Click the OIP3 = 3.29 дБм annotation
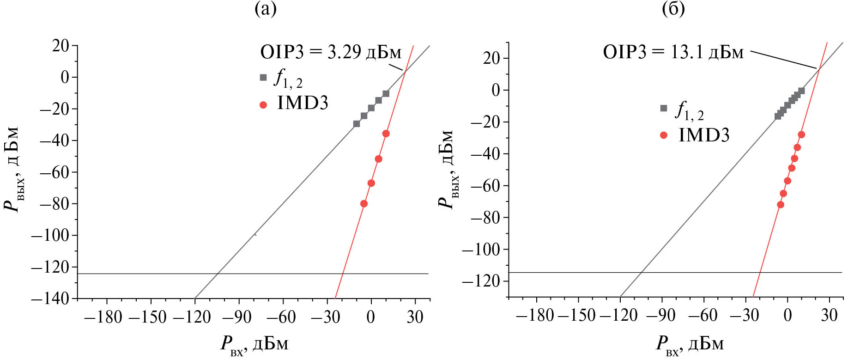pyautogui.click(x=331, y=52)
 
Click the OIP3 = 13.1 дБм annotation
pyautogui.click(x=673, y=52)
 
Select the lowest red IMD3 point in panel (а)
pyautogui.click(x=364, y=204)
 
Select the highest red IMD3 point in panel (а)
pyautogui.click(x=386, y=134)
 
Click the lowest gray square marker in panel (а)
pyautogui.click(x=357, y=124)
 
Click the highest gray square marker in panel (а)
pyautogui.click(x=386, y=94)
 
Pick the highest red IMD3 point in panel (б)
pyautogui.click(x=801, y=134)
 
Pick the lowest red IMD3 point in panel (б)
pyautogui.click(x=781, y=205)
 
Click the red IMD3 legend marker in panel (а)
pyautogui.click(x=263, y=105)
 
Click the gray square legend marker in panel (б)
pyautogui.click(x=664, y=108)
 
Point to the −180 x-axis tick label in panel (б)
pyautogui.click(x=534, y=316)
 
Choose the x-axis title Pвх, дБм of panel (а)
pyautogui.click(x=254, y=345)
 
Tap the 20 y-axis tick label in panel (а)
pyautogui.click(x=61, y=45)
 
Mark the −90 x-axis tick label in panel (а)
pyautogui.click(x=236, y=317)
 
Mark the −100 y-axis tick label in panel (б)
pyautogui.click(x=481, y=250)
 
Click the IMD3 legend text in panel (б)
pyautogui.click(x=704, y=135)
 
